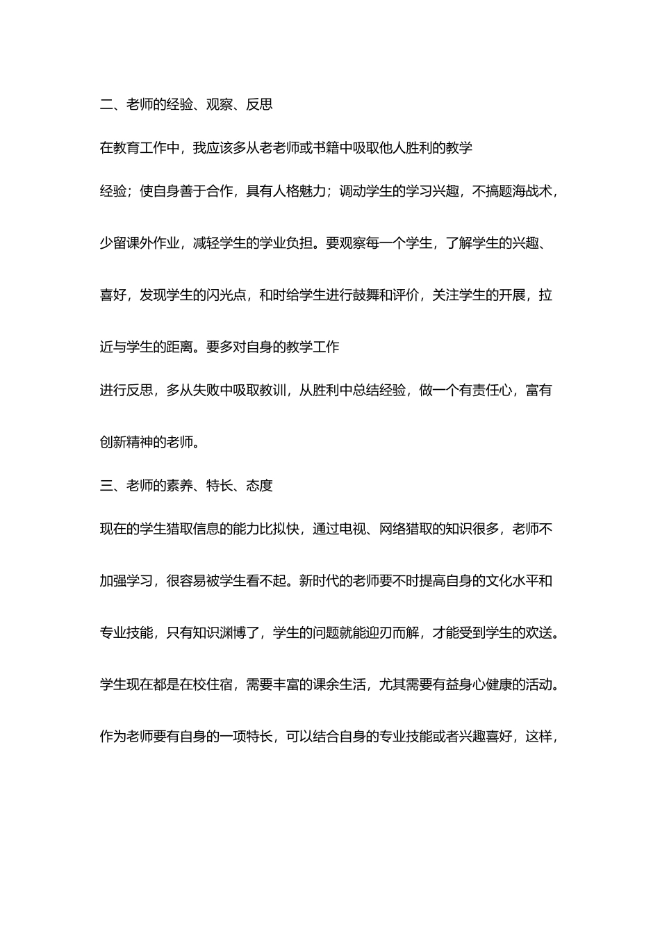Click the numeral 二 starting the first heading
[x=106, y=105]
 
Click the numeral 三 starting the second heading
[x=106, y=486]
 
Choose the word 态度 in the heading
[x=259, y=486]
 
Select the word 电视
[x=353, y=530]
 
